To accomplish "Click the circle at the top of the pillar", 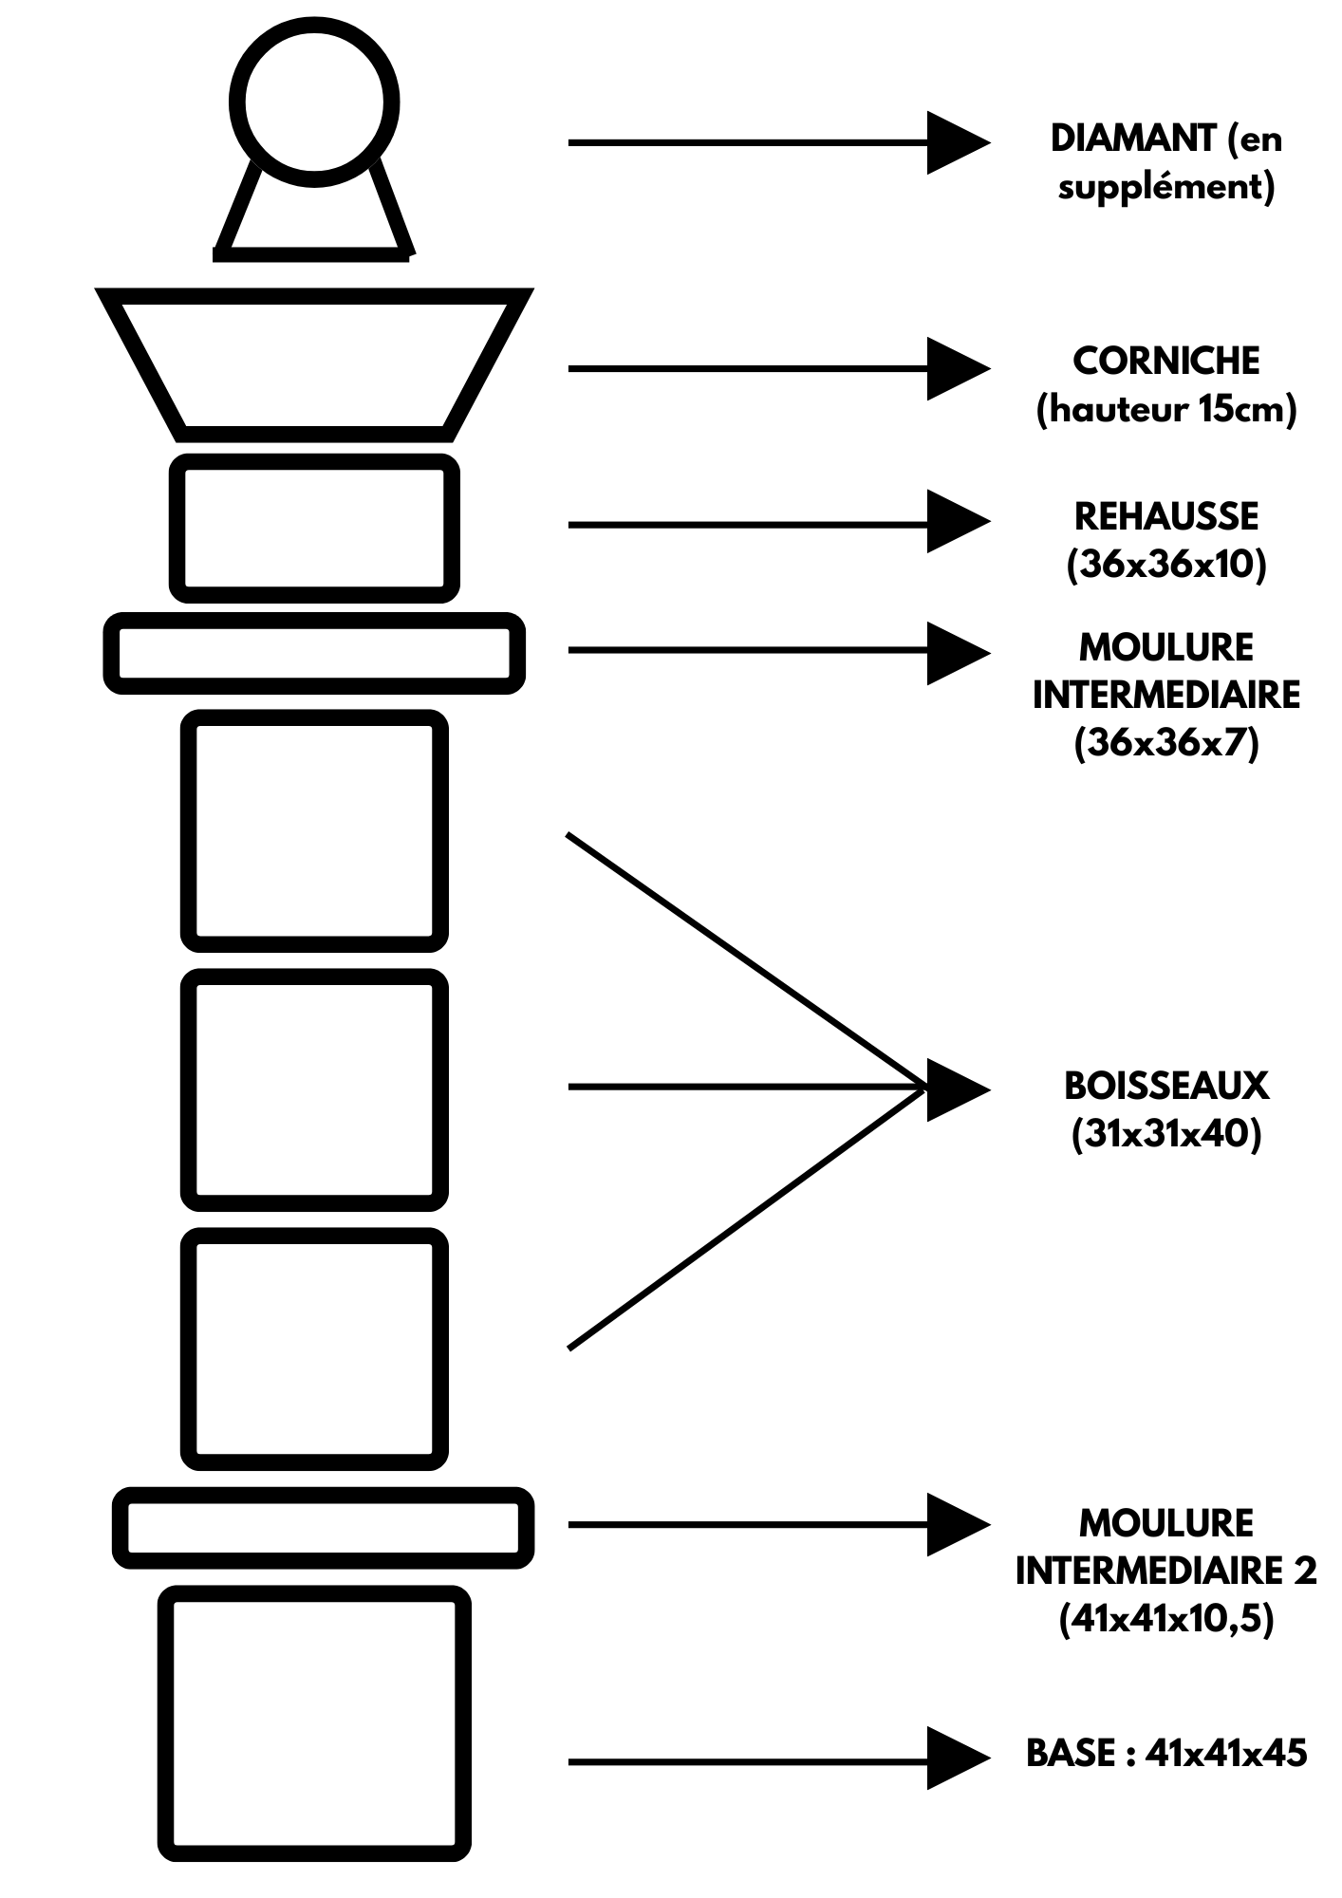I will pyautogui.click(x=314, y=102).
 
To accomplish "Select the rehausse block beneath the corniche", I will pyautogui.click(x=314, y=529).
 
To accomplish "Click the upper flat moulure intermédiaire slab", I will pyautogui.click(x=314, y=653).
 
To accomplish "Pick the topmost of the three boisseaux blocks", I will pyautogui.click(x=314, y=830).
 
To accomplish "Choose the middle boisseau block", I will pyautogui.click(x=314, y=1089).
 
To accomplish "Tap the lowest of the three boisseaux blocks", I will pyautogui.click(x=314, y=1349).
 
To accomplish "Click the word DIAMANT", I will pyautogui.click(x=1133, y=140).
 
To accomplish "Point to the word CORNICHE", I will pyautogui.click(x=1166, y=362).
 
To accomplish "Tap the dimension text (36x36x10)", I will pyautogui.click(x=1166, y=566).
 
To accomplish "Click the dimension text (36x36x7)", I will pyautogui.click(x=1166, y=743).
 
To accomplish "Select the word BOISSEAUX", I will pyautogui.click(x=1166, y=1086).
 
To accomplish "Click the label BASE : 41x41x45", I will pyautogui.click(x=1166, y=1753).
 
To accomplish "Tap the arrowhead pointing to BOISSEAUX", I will pyautogui.click(x=957, y=1089).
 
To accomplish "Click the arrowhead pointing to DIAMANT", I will pyautogui.click(x=957, y=142).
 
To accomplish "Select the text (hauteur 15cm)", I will pyautogui.click(x=1166, y=410).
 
